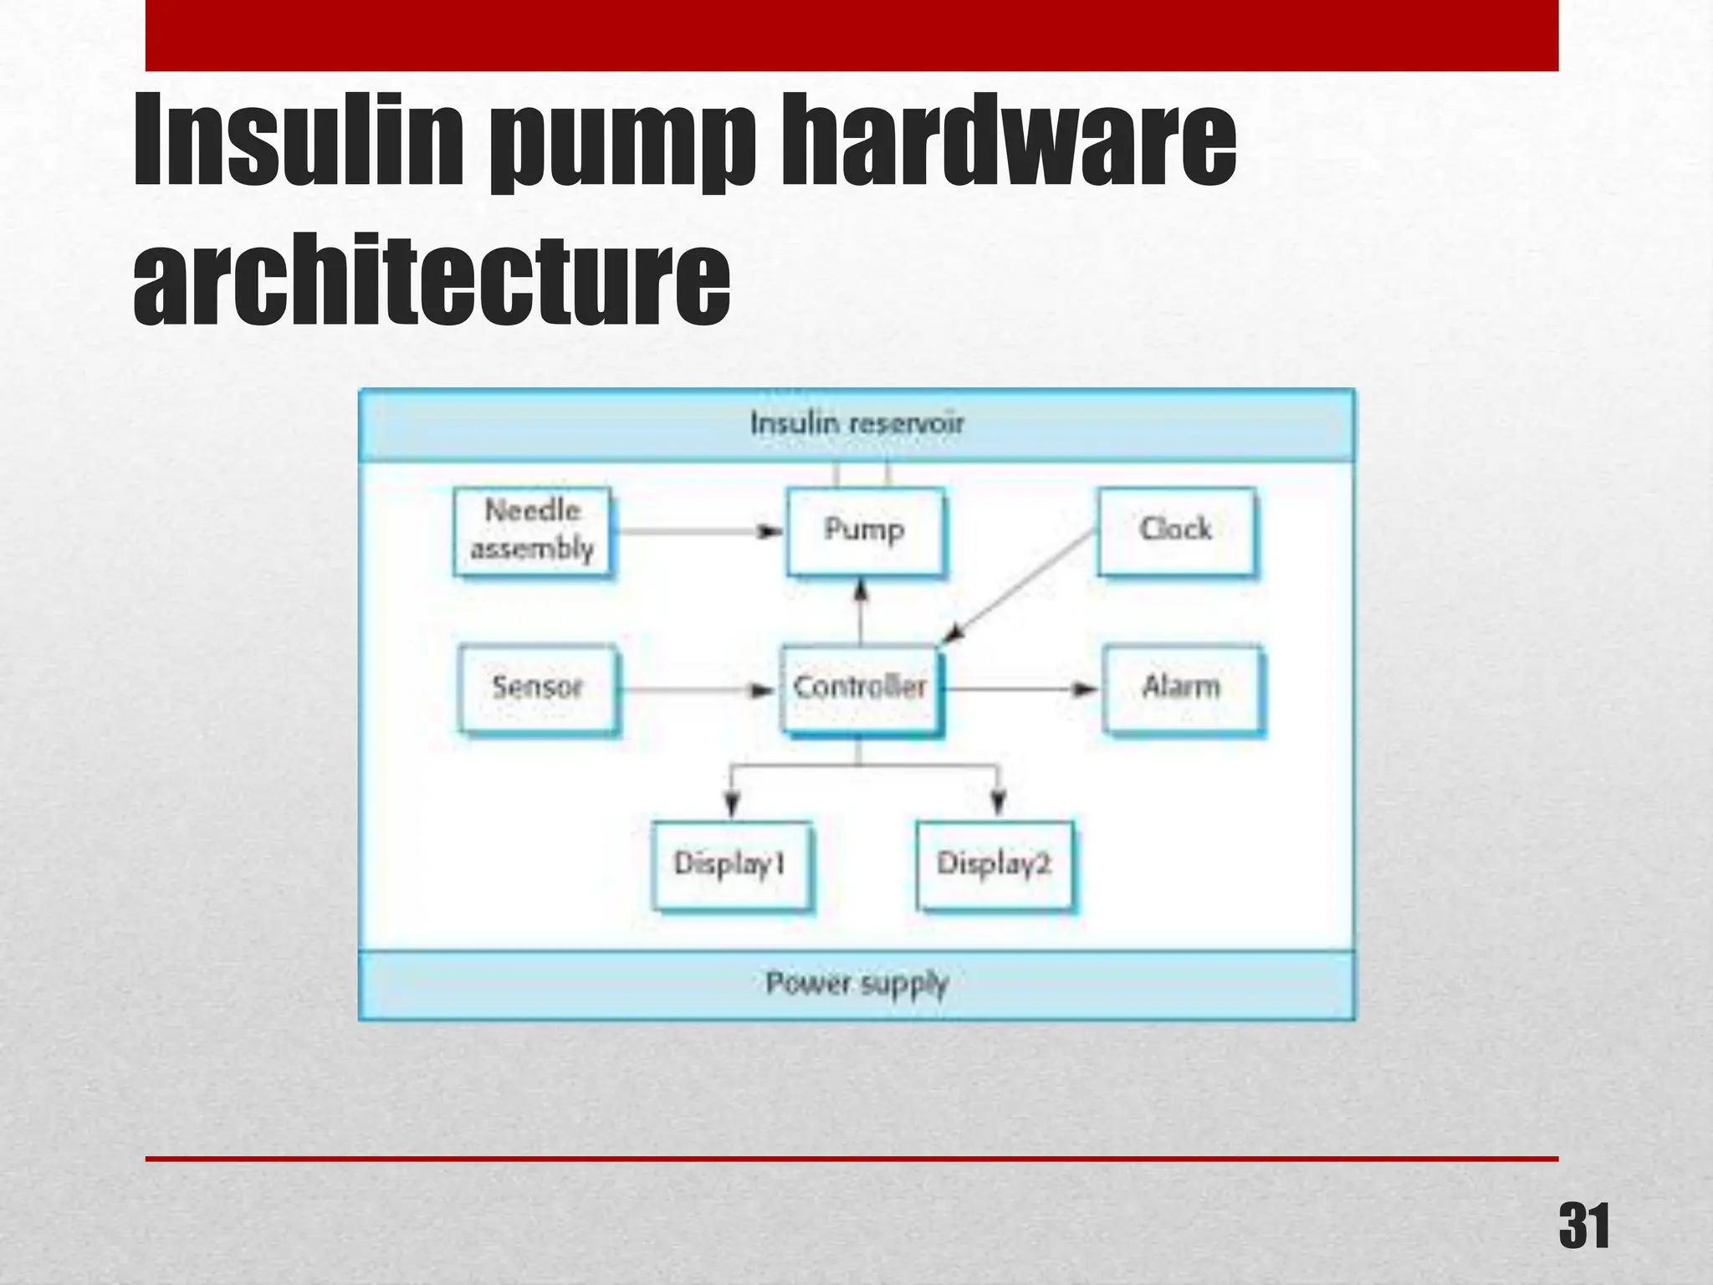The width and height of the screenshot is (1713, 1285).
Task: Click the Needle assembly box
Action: [x=532, y=530]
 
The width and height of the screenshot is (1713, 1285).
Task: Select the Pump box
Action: [x=865, y=530]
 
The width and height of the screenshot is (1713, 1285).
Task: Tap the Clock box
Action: [x=1176, y=530]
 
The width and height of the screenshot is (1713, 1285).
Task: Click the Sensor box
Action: [x=537, y=688]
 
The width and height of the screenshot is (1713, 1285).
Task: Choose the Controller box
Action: [x=860, y=688]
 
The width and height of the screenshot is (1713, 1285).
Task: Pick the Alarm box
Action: [x=1181, y=688]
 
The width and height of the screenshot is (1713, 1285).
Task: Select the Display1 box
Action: [x=730, y=863]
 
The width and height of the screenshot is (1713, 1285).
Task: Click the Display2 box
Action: [x=994, y=863]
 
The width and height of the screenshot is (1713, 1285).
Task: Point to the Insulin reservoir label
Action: [x=856, y=423]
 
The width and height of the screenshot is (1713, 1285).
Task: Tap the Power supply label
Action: [x=856, y=984]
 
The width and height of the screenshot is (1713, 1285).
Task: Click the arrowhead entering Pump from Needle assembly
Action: [x=770, y=531]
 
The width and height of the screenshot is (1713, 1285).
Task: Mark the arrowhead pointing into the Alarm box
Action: [x=1085, y=689]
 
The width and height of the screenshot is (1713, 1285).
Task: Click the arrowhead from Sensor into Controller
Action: [x=761, y=690]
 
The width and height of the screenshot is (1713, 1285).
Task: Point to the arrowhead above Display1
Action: [x=732, y=803]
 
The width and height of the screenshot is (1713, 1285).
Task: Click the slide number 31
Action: [x=1583, y=1227]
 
